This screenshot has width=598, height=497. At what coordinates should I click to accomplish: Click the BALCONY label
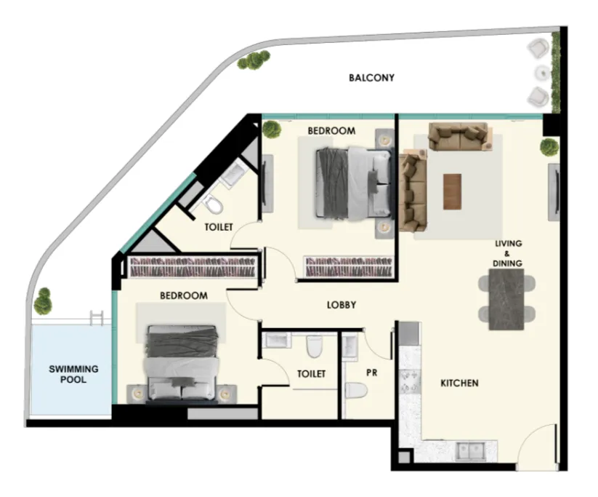371,78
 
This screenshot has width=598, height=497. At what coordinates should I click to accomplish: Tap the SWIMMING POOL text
73,374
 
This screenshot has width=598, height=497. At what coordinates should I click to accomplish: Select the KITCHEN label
458,383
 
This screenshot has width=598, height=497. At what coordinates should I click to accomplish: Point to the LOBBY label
341,306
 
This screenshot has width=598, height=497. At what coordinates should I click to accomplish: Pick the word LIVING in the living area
508,244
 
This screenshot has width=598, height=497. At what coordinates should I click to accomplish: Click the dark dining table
506,299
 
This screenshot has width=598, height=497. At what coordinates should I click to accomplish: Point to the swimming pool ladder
97,317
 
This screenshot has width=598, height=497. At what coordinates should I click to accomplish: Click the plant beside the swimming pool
44,300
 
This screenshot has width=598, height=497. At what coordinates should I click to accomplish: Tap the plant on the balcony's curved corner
254,60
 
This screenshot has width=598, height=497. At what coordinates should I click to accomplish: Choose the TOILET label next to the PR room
311,373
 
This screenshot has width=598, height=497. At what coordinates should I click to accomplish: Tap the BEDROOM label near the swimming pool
183,296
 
